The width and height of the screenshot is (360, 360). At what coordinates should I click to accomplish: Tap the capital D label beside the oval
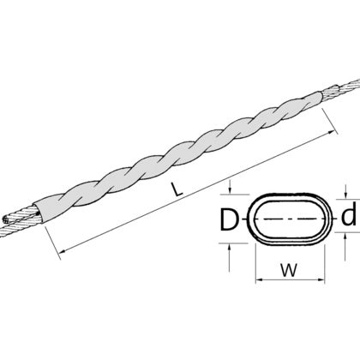click(x=229, y=219)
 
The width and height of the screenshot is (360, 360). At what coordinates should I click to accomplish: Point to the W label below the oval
click(x=289, y=270)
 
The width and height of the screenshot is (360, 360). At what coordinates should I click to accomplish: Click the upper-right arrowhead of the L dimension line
click(x=332, y=132)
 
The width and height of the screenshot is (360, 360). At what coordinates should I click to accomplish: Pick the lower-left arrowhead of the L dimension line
click(x=63, y=250)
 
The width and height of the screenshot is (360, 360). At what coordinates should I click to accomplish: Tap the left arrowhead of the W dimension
click(x=259, y=279)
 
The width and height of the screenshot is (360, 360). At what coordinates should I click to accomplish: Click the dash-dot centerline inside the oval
click(x=289, y=219)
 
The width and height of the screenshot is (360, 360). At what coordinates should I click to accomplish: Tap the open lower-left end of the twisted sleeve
click(x=39, y=213)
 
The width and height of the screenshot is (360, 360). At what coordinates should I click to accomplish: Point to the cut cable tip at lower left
click(x=5, y=220)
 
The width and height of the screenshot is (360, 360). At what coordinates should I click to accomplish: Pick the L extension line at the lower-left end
click(x=52, y=243)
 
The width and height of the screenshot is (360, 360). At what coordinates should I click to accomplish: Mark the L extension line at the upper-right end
click(x=330, y=121)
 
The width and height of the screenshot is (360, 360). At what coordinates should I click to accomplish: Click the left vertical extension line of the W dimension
click(x=255, y=263)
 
